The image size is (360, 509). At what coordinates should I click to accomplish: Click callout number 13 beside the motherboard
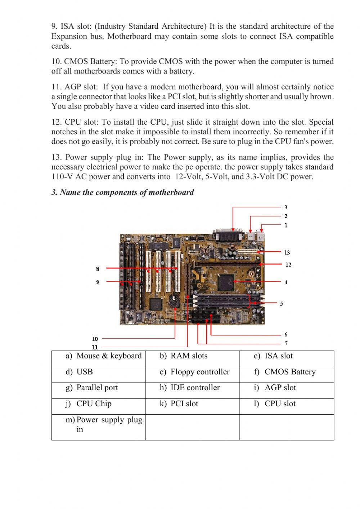tap(287, 253)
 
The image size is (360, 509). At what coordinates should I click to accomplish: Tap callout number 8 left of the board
tap(98, 269)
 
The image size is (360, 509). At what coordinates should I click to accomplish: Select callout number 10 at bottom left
tap(95, 339)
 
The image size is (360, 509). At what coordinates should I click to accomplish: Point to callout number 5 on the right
tap(282, 304)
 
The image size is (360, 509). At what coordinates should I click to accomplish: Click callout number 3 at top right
tap(286, 207)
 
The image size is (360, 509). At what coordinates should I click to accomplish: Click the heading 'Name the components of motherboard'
tap(122, 192)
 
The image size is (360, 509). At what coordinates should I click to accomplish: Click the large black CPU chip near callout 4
tap(225, 282)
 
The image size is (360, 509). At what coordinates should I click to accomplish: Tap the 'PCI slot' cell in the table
tap(184, 403)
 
